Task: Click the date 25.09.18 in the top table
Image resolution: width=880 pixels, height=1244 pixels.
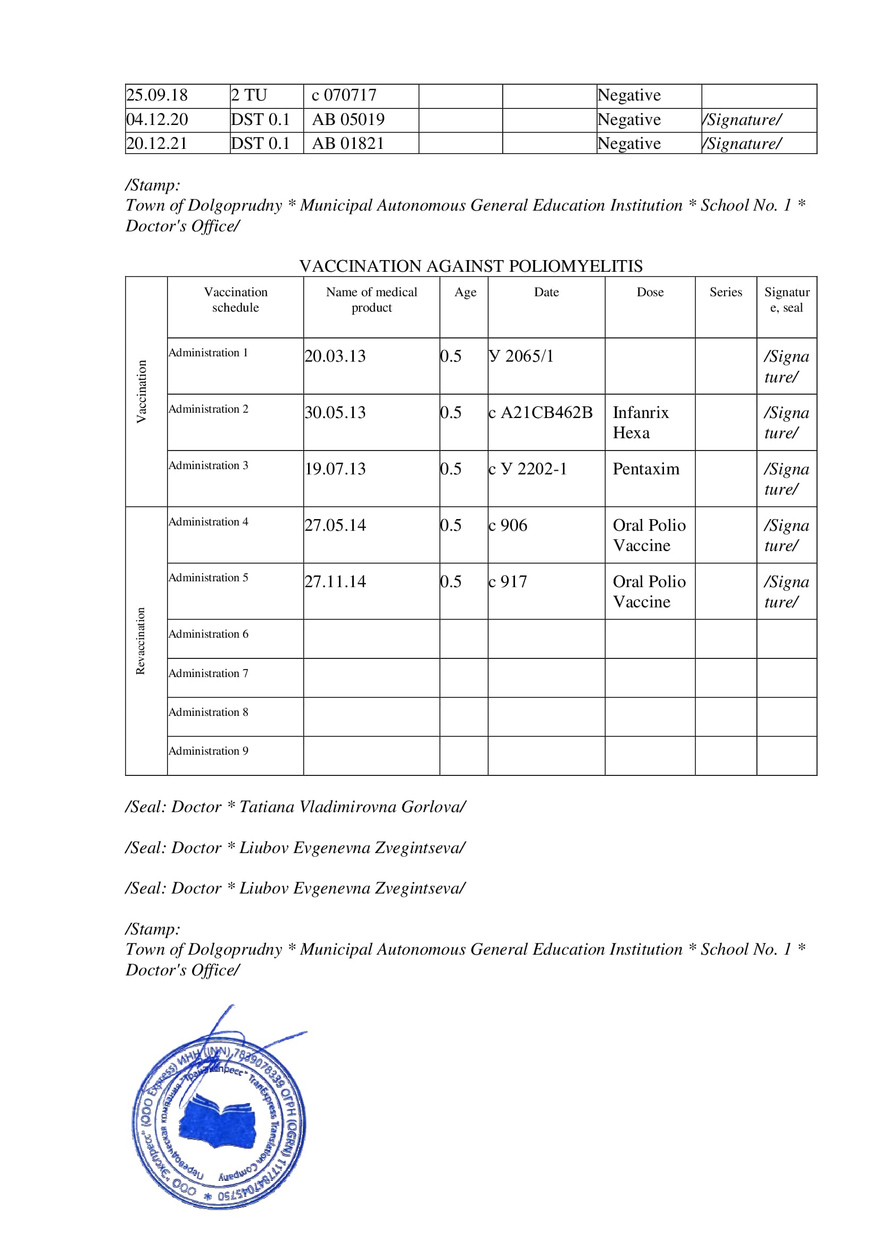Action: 156,95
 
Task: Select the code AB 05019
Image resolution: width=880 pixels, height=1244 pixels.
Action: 348,120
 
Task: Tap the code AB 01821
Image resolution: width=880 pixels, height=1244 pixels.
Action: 348,144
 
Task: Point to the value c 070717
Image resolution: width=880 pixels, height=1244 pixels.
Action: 344,95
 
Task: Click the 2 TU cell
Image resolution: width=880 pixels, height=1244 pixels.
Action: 248,95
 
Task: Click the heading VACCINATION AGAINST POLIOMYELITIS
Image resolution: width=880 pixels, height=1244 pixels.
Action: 470,266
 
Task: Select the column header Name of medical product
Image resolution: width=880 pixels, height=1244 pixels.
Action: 371,299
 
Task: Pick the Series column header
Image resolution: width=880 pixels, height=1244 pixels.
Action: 726,292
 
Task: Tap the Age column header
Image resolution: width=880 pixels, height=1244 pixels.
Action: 465,292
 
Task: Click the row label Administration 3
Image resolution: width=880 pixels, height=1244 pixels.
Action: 208,465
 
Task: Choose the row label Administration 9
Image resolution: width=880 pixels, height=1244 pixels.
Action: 208,751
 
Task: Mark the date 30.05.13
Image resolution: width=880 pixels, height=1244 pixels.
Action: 335,413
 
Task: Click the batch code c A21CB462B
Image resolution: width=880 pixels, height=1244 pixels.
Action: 540,413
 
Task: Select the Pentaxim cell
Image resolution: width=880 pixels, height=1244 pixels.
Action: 645,469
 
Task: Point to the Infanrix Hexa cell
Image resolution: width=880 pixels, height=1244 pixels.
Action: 641,423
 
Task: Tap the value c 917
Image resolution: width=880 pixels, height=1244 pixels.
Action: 507,582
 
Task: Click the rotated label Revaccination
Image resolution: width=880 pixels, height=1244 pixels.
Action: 140,640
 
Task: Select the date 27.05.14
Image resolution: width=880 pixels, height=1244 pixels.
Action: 335,525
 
